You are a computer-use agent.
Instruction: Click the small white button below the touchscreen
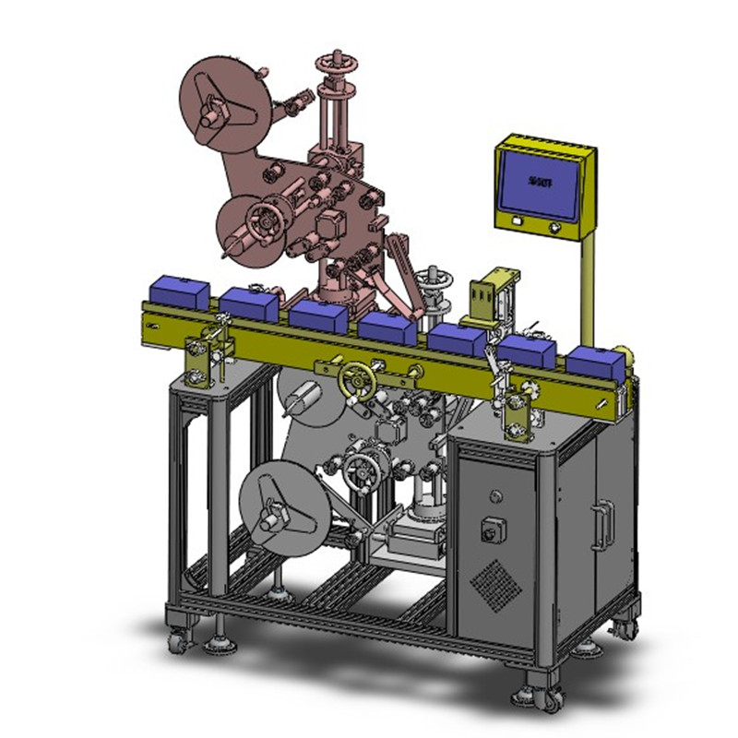[518, 221]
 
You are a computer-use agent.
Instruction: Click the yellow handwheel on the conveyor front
[353, 379]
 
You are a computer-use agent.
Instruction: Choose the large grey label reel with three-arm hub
[277, 506]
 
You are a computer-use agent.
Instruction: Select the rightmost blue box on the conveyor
[594, 363]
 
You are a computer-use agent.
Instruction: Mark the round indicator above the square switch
[496, 497]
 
